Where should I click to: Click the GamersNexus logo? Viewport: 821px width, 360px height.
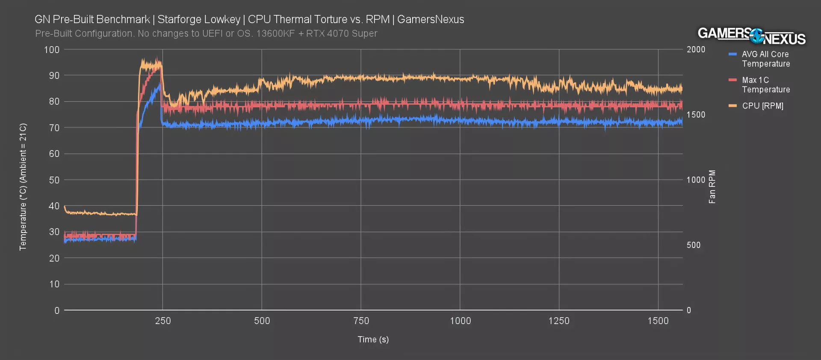point(751,36)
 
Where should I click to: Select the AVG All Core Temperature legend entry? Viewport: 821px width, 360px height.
point(765,59)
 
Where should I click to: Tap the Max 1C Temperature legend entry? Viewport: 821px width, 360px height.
point(765,85)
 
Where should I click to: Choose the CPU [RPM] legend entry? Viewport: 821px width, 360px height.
point(762,106)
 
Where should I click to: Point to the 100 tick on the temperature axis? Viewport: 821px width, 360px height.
point(52,50)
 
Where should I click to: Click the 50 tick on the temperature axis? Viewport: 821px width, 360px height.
point(54,180)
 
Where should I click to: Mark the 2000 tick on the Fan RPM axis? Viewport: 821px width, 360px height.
point(696,50)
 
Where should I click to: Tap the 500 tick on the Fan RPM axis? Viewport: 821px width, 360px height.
point(693,245)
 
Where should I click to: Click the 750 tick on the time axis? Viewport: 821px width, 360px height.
point(361,321)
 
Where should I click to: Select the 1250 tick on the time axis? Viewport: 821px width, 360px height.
point(559,321)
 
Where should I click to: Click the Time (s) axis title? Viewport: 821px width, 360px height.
point(373,339)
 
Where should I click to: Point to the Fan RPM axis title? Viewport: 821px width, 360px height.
point(712,187)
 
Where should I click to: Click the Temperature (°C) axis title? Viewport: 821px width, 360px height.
point(23,187)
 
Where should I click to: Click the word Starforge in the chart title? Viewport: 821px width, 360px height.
point(177,20)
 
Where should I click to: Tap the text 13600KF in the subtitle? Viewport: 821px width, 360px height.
point(275,34)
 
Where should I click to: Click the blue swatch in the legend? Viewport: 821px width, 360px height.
point(733,54)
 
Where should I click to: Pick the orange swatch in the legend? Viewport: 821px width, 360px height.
point(733,106)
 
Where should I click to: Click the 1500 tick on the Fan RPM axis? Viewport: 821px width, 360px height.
point(696,115)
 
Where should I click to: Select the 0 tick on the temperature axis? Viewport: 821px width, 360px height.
point(57,310)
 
